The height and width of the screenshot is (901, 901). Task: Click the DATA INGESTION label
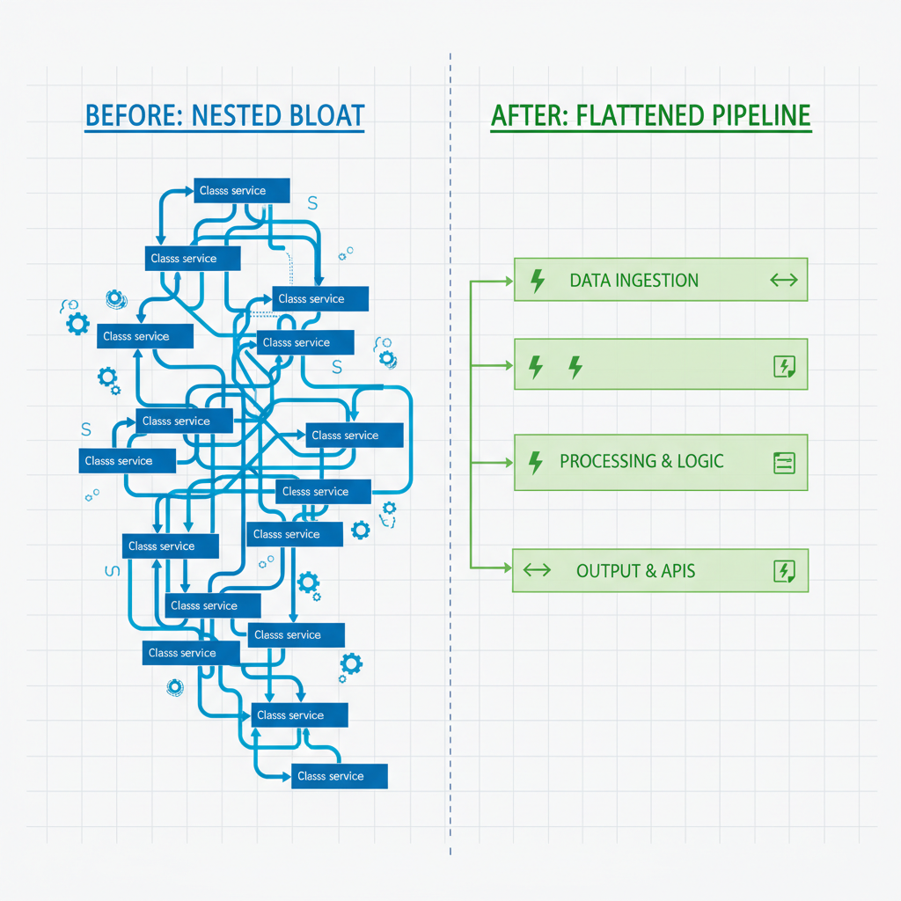point(634,281)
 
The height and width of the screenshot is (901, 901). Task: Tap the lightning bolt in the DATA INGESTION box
point(537,281)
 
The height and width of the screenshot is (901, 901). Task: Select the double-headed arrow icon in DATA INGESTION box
point(782,281)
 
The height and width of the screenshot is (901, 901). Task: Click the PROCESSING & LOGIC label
point(641,461)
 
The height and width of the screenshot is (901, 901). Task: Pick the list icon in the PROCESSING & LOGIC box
point(783,462)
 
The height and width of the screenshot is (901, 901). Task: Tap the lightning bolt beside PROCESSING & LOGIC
point(535,461)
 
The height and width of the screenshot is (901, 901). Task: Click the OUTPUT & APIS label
point(635,571)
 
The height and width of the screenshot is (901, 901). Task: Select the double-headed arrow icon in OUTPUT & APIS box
point(537,570)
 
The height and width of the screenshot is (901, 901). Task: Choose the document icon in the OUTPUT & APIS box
point(783,571)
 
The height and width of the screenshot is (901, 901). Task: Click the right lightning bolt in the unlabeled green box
point(575,366)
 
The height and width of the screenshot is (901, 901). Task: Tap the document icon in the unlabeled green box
point(783,367)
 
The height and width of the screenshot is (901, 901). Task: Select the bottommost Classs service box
point(340,776)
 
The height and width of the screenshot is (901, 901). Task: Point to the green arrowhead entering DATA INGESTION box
point(509,282)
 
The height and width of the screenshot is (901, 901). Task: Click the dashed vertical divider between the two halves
point(450,440)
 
